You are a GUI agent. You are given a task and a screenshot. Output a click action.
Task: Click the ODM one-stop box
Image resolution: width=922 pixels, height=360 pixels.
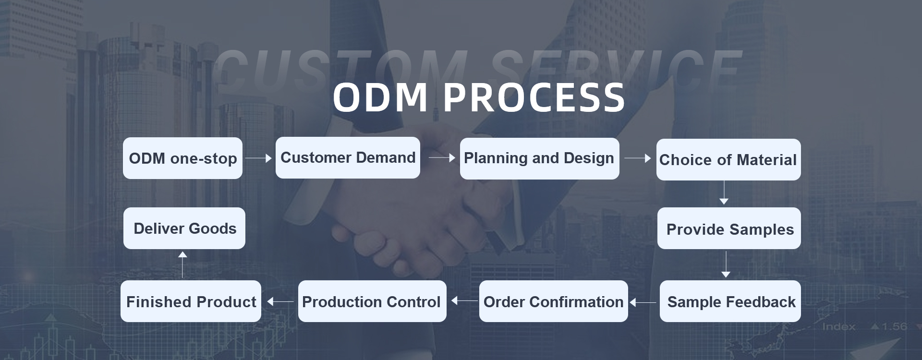click(182, 158)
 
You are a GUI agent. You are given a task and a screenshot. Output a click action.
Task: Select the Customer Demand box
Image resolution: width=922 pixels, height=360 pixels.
click(348, 157)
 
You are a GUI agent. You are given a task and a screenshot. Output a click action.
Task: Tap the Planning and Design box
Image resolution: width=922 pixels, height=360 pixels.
click(539, 158)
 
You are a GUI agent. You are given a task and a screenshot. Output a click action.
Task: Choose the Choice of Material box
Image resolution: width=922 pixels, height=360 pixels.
click(728, 159)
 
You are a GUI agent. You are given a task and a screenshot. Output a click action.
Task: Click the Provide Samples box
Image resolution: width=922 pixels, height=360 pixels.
click(729, 228)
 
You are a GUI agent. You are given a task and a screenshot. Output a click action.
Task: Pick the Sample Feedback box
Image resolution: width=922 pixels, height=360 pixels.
click(730, 301)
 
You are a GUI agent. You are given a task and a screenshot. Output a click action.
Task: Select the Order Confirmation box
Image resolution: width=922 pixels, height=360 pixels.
click(553, 301)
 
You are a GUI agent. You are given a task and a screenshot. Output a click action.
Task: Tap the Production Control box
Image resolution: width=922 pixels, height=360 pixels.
click(372, 301)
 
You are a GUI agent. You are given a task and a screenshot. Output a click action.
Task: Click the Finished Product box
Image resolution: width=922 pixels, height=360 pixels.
click(191, 301)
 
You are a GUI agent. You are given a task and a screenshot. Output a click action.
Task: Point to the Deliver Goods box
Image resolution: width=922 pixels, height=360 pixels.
click(184, 228)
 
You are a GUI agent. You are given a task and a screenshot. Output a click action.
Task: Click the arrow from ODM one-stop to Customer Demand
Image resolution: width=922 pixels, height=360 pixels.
click(258, 157)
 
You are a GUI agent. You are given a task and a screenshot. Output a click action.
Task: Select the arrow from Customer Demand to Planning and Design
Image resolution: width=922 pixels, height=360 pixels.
click(442, 157)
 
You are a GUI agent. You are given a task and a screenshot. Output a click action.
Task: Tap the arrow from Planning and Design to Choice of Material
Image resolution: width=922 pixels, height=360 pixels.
click(638, 158)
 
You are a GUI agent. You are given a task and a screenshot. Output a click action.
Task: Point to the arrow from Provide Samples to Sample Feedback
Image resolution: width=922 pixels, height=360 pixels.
click(726, 264)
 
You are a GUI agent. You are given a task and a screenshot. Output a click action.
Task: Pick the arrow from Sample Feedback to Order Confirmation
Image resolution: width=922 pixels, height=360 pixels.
click(643, 302)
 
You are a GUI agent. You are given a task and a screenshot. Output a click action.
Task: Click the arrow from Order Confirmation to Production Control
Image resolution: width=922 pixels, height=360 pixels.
click(464, 301)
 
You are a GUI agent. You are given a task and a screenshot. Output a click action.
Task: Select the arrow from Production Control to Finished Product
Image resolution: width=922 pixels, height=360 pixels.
click(280, 301)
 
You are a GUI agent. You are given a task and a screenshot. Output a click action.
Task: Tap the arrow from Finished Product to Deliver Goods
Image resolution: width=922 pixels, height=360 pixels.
click(182, 264)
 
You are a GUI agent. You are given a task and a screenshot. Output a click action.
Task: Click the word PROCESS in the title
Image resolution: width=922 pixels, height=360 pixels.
click(534, 97)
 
